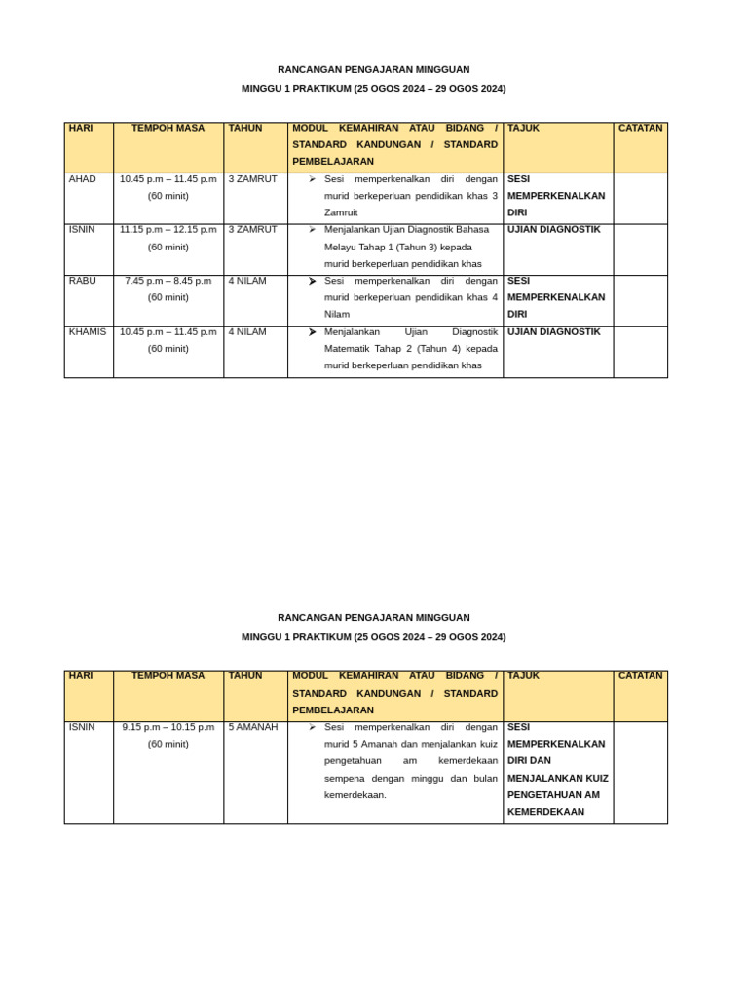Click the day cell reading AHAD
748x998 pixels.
(83, 179)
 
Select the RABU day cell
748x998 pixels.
(83, 281)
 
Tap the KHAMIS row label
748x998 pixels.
(88, 332)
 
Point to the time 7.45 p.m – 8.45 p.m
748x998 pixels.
(168, 281)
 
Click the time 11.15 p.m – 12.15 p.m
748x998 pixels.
(168, 230)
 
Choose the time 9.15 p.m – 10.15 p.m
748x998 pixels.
(168, 727)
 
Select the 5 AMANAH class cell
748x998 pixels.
(253, 727)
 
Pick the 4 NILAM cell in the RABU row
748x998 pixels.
(247, 281)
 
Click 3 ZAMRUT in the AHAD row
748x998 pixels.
(253, 179)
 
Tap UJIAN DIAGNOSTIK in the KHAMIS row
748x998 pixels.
(554, 332)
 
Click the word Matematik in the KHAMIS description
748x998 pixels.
(352, 349)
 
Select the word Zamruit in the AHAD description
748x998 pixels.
(341, 212)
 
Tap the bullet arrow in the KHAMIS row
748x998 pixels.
(312, 332)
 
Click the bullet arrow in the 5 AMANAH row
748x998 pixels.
(312, 727)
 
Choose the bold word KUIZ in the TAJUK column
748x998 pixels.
(592, 778)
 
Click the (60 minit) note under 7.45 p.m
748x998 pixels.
(168, 297)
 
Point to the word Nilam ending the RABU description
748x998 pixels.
(337, 315)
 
